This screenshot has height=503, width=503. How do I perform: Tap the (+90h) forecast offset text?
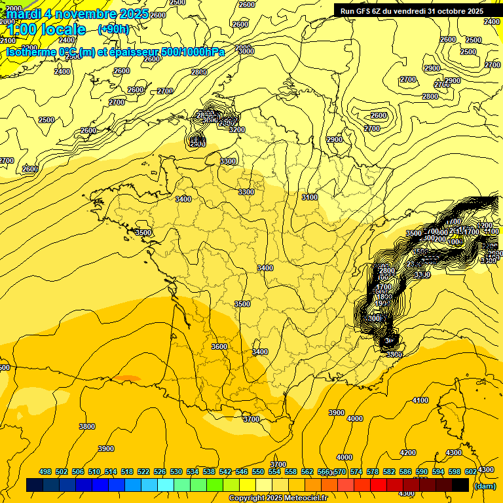[x=113, y=29]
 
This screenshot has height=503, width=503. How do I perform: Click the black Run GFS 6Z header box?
[x=409, y=10]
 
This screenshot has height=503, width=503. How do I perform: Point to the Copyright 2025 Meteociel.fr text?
[x=278, y=498]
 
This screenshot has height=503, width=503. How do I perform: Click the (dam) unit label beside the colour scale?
[x=484, y=485]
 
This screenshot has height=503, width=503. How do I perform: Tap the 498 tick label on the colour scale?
[x=45, y=472]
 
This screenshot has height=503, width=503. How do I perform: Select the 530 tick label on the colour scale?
[x=176, y=472]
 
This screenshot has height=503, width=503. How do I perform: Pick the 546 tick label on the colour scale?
[x=242, y=472]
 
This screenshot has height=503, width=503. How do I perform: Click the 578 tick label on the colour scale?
[x=373, y=472]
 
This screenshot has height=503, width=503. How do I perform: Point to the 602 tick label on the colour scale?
[x=471, y=472]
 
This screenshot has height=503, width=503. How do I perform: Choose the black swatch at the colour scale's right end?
[x=460, y=485]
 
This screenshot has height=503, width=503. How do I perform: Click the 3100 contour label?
[x=310, y=197]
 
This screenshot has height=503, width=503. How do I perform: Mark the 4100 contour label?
[x=420, y=400]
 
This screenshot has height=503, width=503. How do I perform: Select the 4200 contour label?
[x=407, y=453]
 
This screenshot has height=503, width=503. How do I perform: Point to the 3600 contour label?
[x=219, y=346]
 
